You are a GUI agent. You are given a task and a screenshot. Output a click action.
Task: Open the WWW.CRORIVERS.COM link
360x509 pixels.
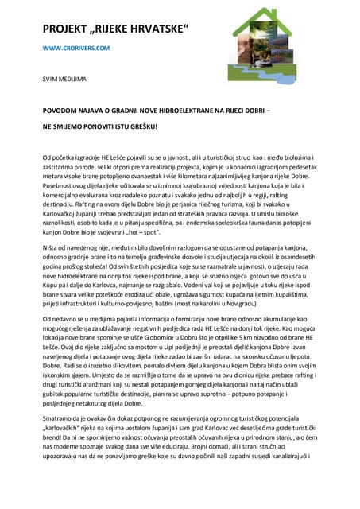(76, 49)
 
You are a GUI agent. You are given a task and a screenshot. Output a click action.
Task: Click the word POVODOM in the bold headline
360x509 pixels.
(64, 112)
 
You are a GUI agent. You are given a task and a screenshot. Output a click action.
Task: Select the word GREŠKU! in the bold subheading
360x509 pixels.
(138, 126)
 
